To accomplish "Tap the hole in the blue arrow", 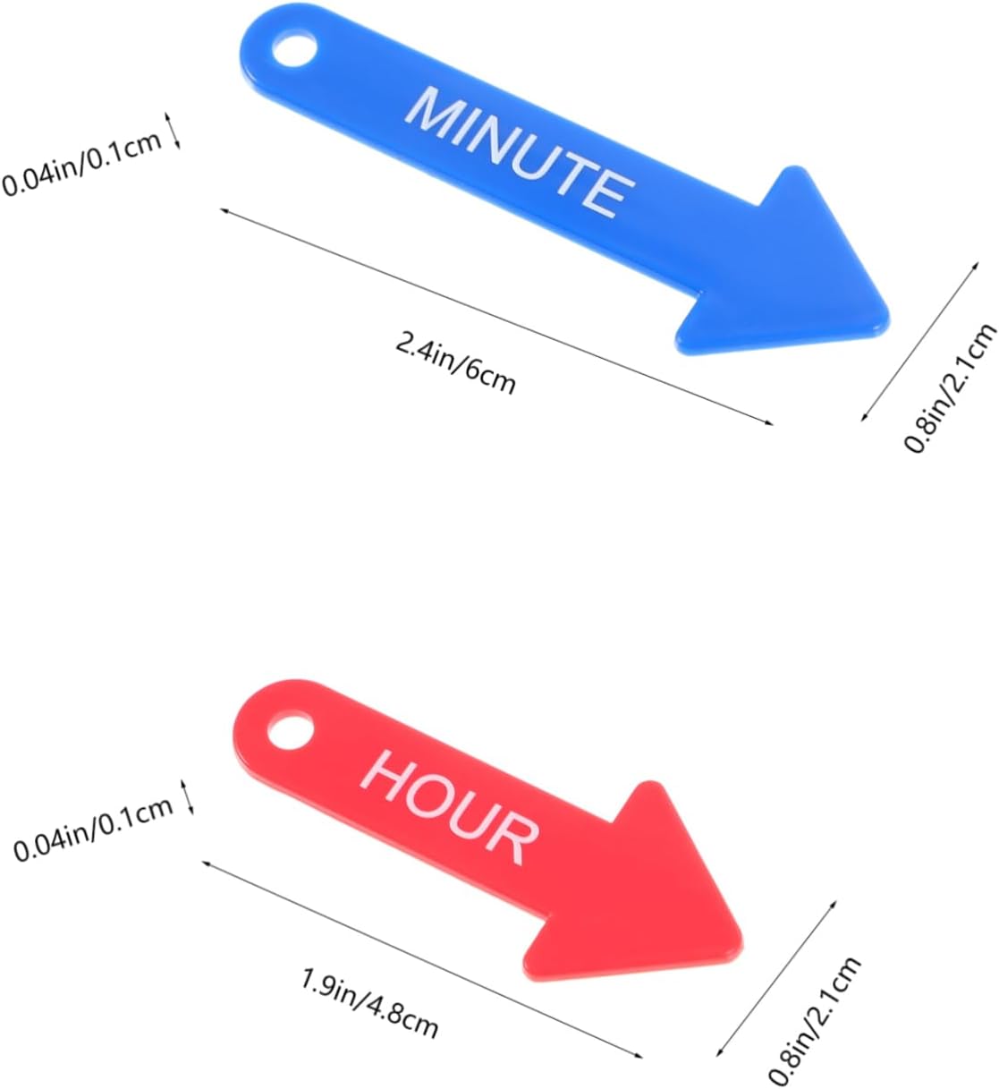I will (x=292, y=49).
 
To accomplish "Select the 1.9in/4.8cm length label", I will (x=369, y=1005).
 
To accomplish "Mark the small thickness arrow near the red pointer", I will (x=189, y=796).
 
